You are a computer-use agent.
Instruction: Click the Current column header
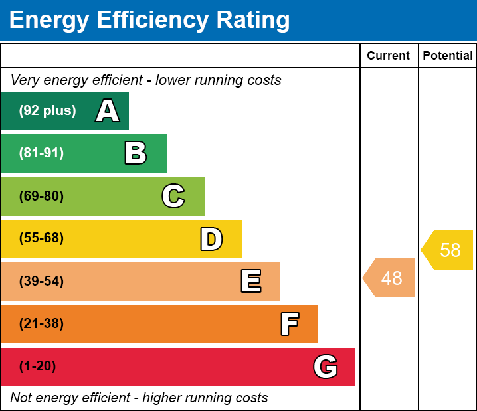click(x=388, y=56)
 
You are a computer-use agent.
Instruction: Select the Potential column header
click(x=448, y=56)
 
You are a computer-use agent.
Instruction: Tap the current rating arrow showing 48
click(x=388, y=278)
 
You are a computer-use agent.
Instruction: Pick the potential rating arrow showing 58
click(x=447, y=250)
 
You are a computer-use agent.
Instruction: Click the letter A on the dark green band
click(x=108, y=110)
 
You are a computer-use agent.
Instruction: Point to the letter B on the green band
click(x=136, y=153)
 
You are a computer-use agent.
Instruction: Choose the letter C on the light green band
click(x=173, y=196)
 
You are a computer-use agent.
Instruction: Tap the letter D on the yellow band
click(x=211, y=239)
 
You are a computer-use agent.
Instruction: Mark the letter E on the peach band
click(x=251, y=281)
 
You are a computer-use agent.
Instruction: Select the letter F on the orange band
click(x=290, y=324)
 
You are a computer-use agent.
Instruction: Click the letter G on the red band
click(x=326, y=367)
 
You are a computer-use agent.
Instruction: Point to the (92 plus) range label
click(x=47, y=110)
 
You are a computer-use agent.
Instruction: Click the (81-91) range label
click(x=41, y=153)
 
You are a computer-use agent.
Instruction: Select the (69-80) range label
click(x=41, y=196)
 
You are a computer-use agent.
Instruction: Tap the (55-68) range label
click(x=41, y=238)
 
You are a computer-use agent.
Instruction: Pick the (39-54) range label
click(x=41, y=281)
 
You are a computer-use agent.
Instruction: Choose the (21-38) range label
click(x=41, y=323)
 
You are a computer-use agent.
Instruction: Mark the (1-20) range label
click(x=37, y=366)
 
